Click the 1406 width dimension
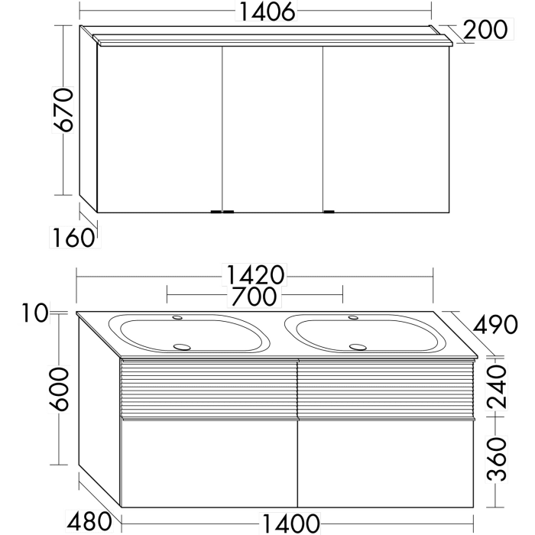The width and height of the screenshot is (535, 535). pyautogui.click(x=257, y=13)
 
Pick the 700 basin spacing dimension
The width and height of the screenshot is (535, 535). pyautogui.click(x=255, y=295)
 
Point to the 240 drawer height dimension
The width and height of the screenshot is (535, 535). pyautogui.click(x=498, y=387)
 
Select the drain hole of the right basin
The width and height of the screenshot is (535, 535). pyautogui.click(x=357, y=346)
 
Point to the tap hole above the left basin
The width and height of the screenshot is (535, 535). pyautogui.click(x=177, y=317)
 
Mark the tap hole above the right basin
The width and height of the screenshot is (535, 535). pyautogui.click(x=352, y=317)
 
